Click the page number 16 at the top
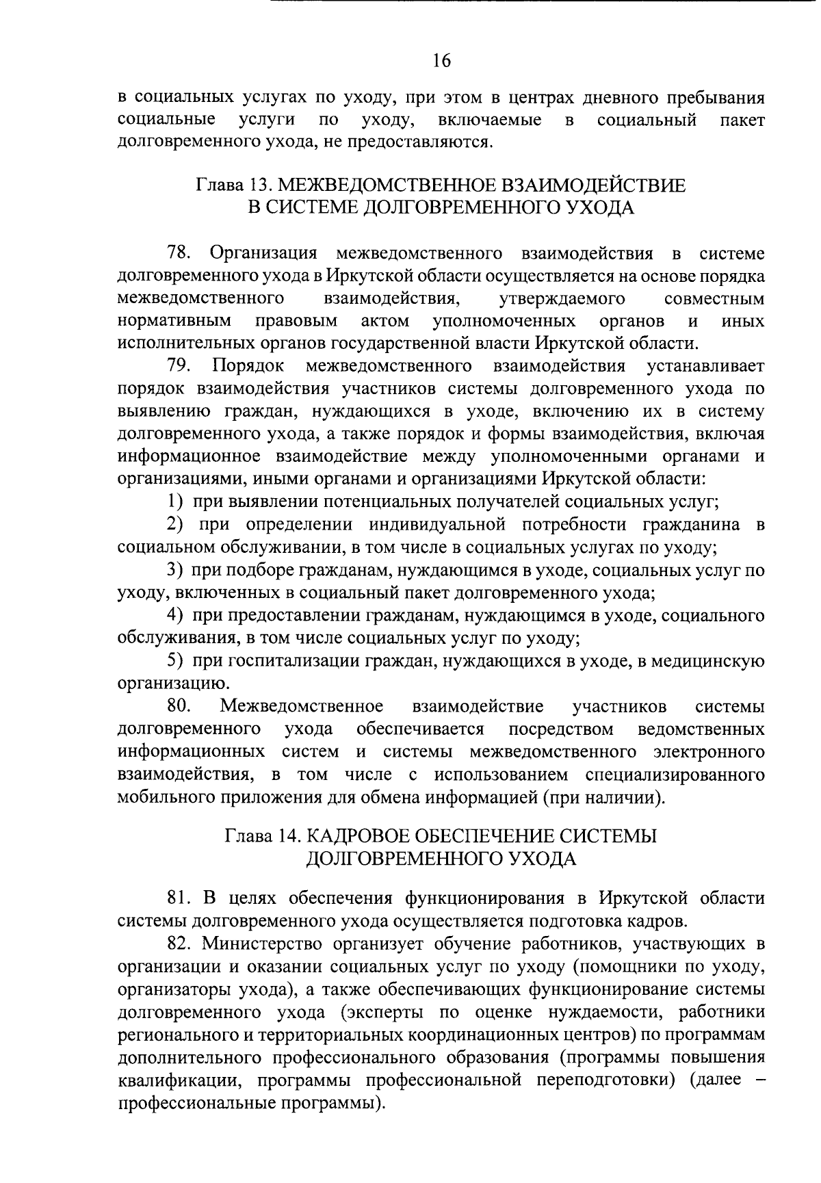pyautogui.click(x=441, y=61)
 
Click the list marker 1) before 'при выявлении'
pyautogui.click(x=176, y=502)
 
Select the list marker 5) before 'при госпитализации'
pyautogui.click(x=176, y=661)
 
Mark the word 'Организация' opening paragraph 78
pyautogui.click(x=263, y=253)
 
